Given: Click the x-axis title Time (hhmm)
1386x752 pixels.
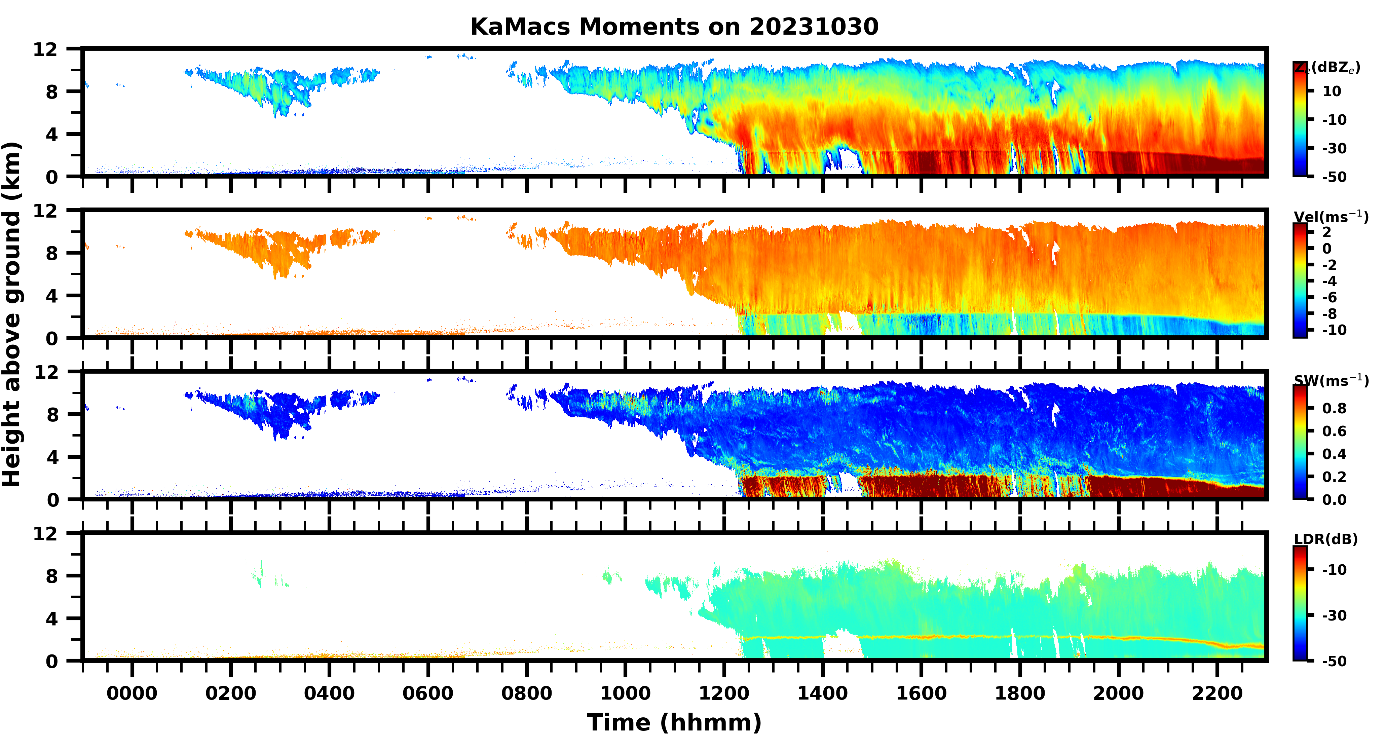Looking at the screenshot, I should (x=674, y=722).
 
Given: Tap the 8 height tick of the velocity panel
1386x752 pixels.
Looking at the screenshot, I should (x=52, y=253).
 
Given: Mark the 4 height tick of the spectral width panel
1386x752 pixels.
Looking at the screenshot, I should (x=52, y=457).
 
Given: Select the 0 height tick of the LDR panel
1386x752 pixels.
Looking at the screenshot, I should (x=52, y=661).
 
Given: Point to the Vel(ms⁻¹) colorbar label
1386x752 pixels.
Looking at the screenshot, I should (x=1331, y=217).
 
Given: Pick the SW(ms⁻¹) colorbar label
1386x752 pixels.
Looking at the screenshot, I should (x=1331, y=381).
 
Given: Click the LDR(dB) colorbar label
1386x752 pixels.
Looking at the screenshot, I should (x=1326, y=539).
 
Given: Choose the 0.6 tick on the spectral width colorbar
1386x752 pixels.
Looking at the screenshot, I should (x=1334, y=431).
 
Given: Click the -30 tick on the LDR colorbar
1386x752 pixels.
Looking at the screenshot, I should (x=1334, y=615).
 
